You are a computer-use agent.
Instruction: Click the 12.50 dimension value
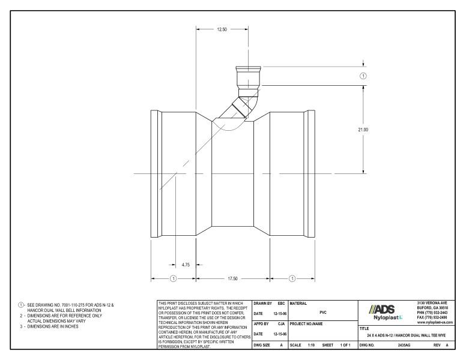pos(222,28)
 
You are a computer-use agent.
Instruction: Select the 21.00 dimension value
pos(363,129)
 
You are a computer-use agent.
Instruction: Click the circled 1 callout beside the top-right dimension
pos(363,76)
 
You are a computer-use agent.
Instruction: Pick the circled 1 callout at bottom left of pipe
pos(174,278)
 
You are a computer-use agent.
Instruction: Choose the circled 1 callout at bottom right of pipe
pos(292,278)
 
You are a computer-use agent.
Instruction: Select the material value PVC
pos(322,312)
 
